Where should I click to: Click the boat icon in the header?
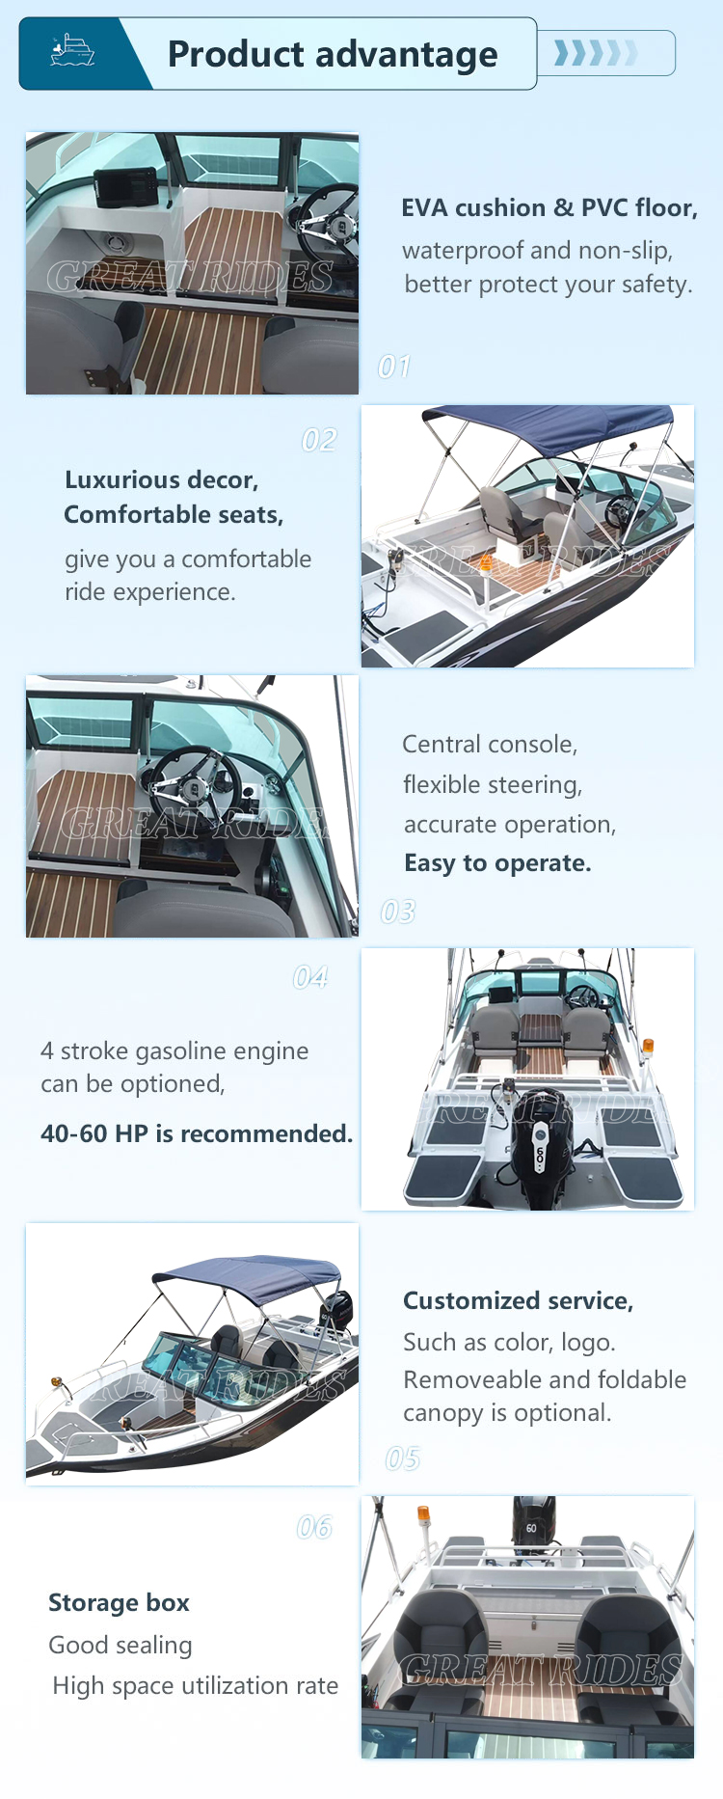[x=72, y=50]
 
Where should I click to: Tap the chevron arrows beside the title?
[x=596, y=52]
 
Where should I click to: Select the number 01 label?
[x=394, y=367]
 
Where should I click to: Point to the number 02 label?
[x=319, y=441]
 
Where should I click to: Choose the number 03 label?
[x=398, y=912]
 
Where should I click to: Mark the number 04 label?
[x=310, y=978]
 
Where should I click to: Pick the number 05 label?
[x=403, y=1458]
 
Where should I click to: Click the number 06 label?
[x=314, y=1527]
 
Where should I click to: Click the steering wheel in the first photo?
[x=327, y=222]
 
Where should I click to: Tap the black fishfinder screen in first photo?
[x=126, y=186]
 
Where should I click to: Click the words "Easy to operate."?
[x=497, y=863]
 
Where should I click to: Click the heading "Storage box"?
[x=119, y=1602]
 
